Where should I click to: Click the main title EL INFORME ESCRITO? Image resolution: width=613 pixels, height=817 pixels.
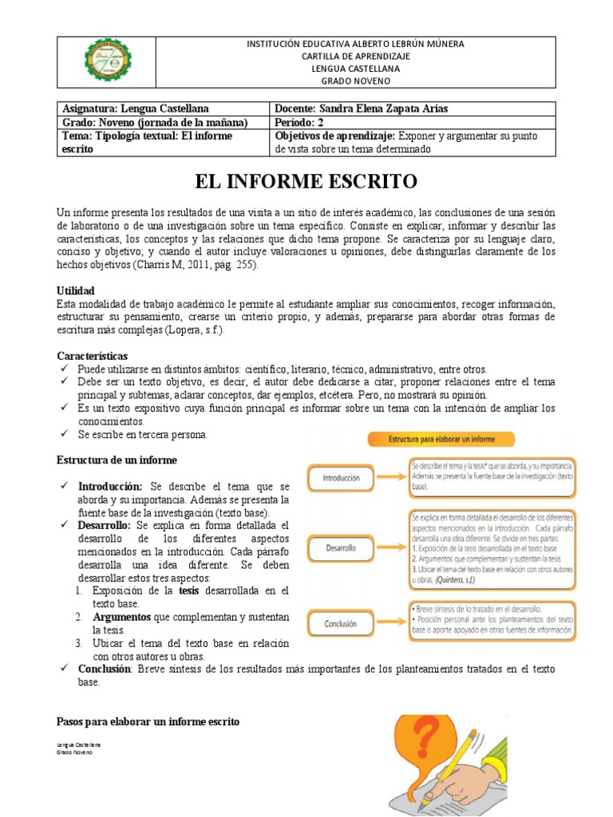tap(306, 182)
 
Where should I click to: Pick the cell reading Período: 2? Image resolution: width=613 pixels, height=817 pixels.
tap(302, 122)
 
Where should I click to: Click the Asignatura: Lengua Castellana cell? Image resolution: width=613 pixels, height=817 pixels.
tap(136, 109)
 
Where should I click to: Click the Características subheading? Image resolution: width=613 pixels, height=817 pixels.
tap(92, 356)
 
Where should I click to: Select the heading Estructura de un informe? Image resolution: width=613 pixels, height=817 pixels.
tap(117, 460)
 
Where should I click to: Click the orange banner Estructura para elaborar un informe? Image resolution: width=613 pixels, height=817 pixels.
tap(441, 439)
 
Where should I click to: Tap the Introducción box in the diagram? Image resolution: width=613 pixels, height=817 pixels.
tap(341, 479)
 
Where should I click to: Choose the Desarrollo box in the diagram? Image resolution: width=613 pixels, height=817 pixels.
tap(341, 549)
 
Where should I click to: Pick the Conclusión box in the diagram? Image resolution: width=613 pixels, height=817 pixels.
tap(341, 623)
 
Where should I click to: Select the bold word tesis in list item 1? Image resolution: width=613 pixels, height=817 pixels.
tap(189, 590)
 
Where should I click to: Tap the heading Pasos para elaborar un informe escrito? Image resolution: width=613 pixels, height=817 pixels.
tap(148, 721)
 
